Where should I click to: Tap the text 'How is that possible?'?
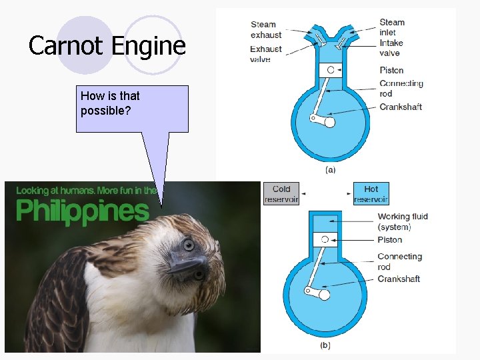tap(111, 103)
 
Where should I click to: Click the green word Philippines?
tap(83, 211)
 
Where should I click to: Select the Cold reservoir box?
tap(281, 193)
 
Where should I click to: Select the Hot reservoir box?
tap(371, 193)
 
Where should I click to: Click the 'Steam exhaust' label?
tap(266, 29)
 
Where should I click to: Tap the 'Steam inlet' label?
tap(392, 27)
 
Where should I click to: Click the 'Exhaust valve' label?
tap(265, 54)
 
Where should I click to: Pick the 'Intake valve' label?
tap(391, 47)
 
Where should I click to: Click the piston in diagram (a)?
tap(330, 69)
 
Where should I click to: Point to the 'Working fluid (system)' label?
tap(403, 221)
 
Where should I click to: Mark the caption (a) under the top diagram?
tap(329, 170)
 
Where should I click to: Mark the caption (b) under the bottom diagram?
tap(325, 345)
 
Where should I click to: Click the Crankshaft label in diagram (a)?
tap(400, 107)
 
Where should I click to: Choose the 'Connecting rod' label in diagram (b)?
tap(399, 261)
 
